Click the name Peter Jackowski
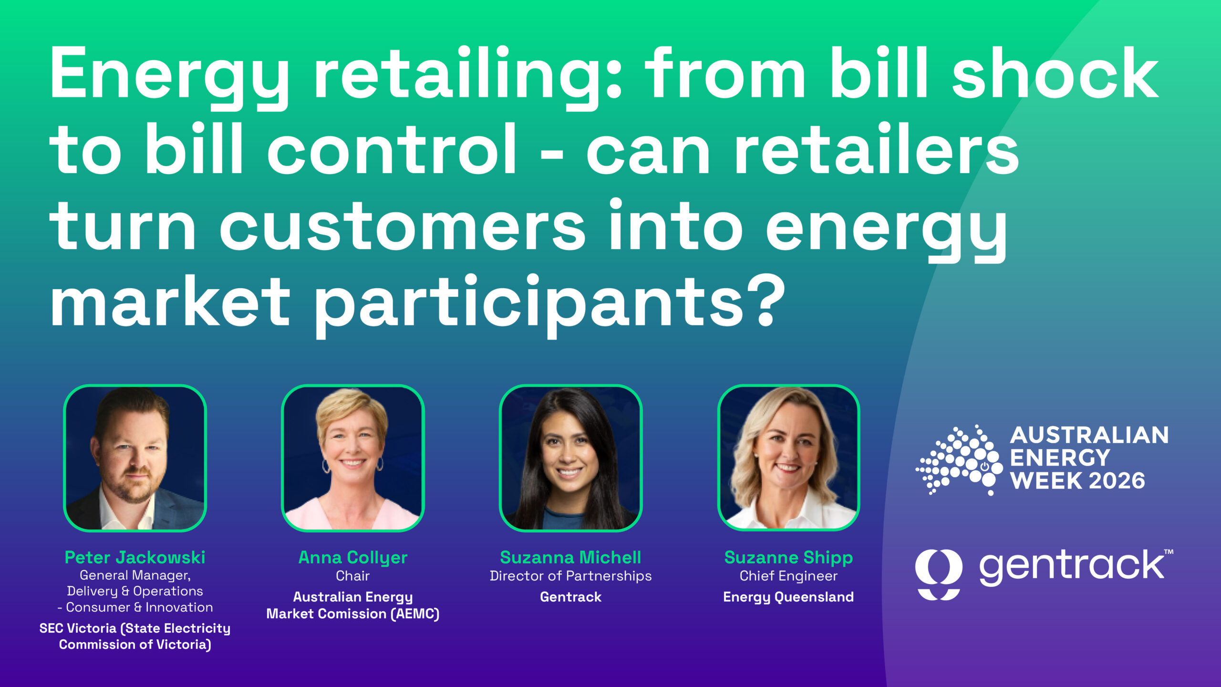pos(135,557)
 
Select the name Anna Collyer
pos(352,557)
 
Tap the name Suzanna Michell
pos(570,557)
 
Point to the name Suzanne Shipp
pos(788,557)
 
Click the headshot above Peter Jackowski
pos(135,458)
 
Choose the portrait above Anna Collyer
pos(352,458)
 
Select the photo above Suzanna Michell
pos(570,458)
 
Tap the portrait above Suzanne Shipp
pos(788,458)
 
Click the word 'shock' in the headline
pos(1055,74)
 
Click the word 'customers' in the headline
pos(402,227)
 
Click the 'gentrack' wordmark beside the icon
pos(1071,567)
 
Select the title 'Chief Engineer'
pos(788,576)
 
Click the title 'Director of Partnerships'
pos(570,576)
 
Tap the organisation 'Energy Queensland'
pos(788,597)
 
